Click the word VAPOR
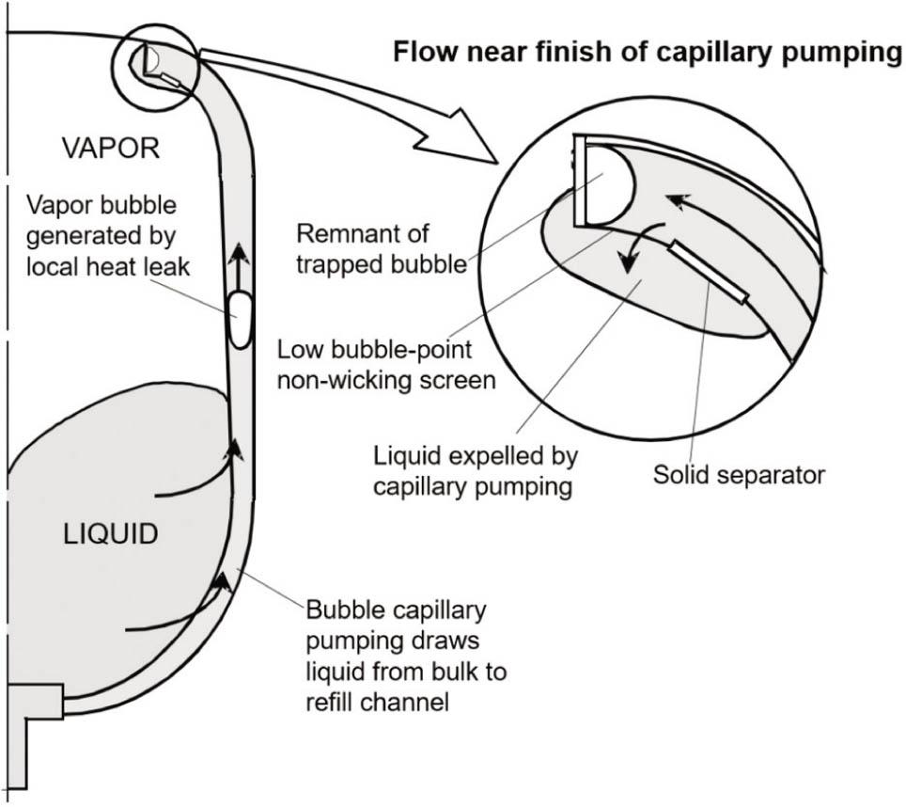(110, 149)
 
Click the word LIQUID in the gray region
(112, 534)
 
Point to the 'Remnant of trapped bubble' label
(381, 247)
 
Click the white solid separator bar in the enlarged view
(709, 272)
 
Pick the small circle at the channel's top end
(154, 66)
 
